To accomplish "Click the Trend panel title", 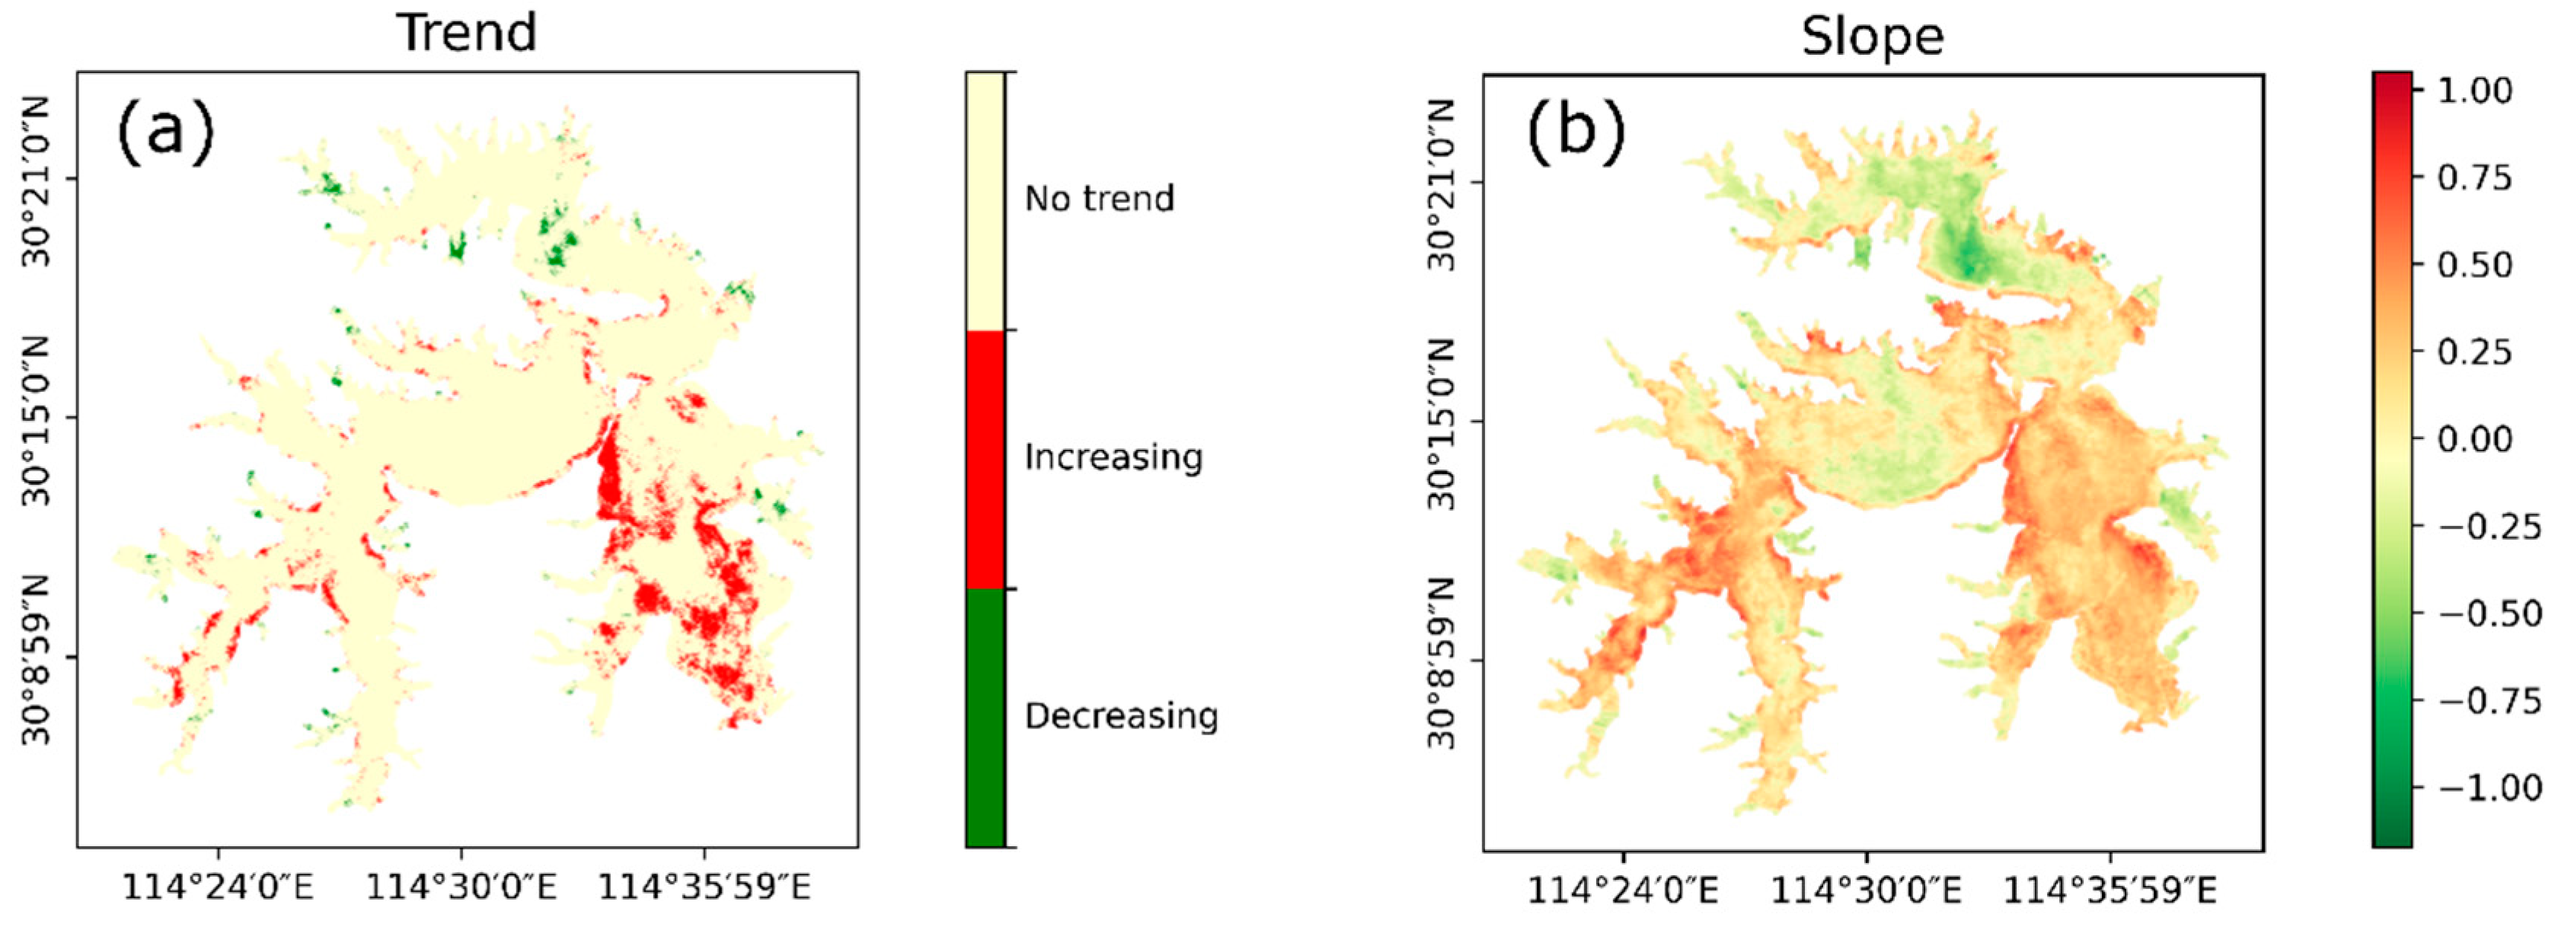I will (467, 32).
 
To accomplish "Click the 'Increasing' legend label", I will (1113, 457).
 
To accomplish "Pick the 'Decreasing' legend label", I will (1120, 715).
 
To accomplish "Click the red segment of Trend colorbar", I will (985, 459).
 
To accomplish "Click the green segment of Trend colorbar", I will (985, 717).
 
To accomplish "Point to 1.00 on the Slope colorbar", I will (2474, 90).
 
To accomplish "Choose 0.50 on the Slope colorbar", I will (2474, 264).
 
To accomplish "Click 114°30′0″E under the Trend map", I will (462, 887).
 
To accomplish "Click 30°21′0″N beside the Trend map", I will (37, 180).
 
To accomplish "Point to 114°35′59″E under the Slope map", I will (2110, 890).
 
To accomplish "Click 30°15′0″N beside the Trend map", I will (37, 420).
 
